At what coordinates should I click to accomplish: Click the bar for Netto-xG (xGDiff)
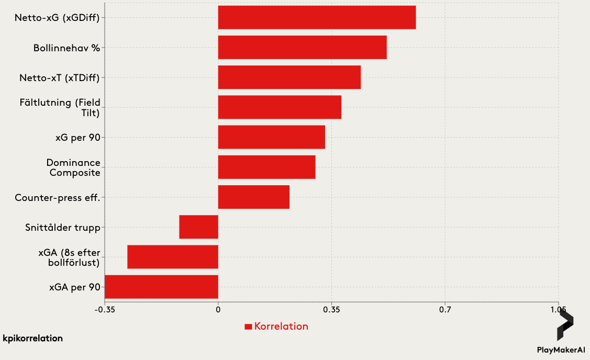tap(317, 18)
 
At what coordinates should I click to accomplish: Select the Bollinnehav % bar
tap(302, 48)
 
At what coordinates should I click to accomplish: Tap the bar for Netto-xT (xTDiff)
tap(289, 77)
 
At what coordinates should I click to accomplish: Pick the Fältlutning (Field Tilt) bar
tap(280, 107)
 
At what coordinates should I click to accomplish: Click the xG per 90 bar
tap(271, 137)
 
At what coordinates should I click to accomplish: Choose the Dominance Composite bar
tap(266, 167)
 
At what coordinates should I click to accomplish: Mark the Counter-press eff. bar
tap(253, 197)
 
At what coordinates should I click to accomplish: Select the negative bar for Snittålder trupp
tap(198, 227)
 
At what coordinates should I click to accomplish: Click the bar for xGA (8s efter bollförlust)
tap(172, 257)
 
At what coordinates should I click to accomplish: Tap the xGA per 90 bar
tap(161, 287)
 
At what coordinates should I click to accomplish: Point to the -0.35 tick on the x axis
tap(105, 310)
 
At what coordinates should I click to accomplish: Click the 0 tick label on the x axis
tap(218, 310)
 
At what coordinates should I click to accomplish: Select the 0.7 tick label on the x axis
tap(445, 310)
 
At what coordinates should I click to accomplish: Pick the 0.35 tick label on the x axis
tap(331, 310)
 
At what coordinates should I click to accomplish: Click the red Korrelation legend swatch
tap(249, 327)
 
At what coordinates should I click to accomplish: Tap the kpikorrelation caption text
tap(32, 339)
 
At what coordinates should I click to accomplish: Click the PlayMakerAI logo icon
tap(564, 327)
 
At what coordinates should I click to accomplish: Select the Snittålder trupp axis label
tap(63, 228)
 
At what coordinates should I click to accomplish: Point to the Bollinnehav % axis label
tap(66, 48)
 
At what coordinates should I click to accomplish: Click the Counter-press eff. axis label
tap(58, 198)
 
